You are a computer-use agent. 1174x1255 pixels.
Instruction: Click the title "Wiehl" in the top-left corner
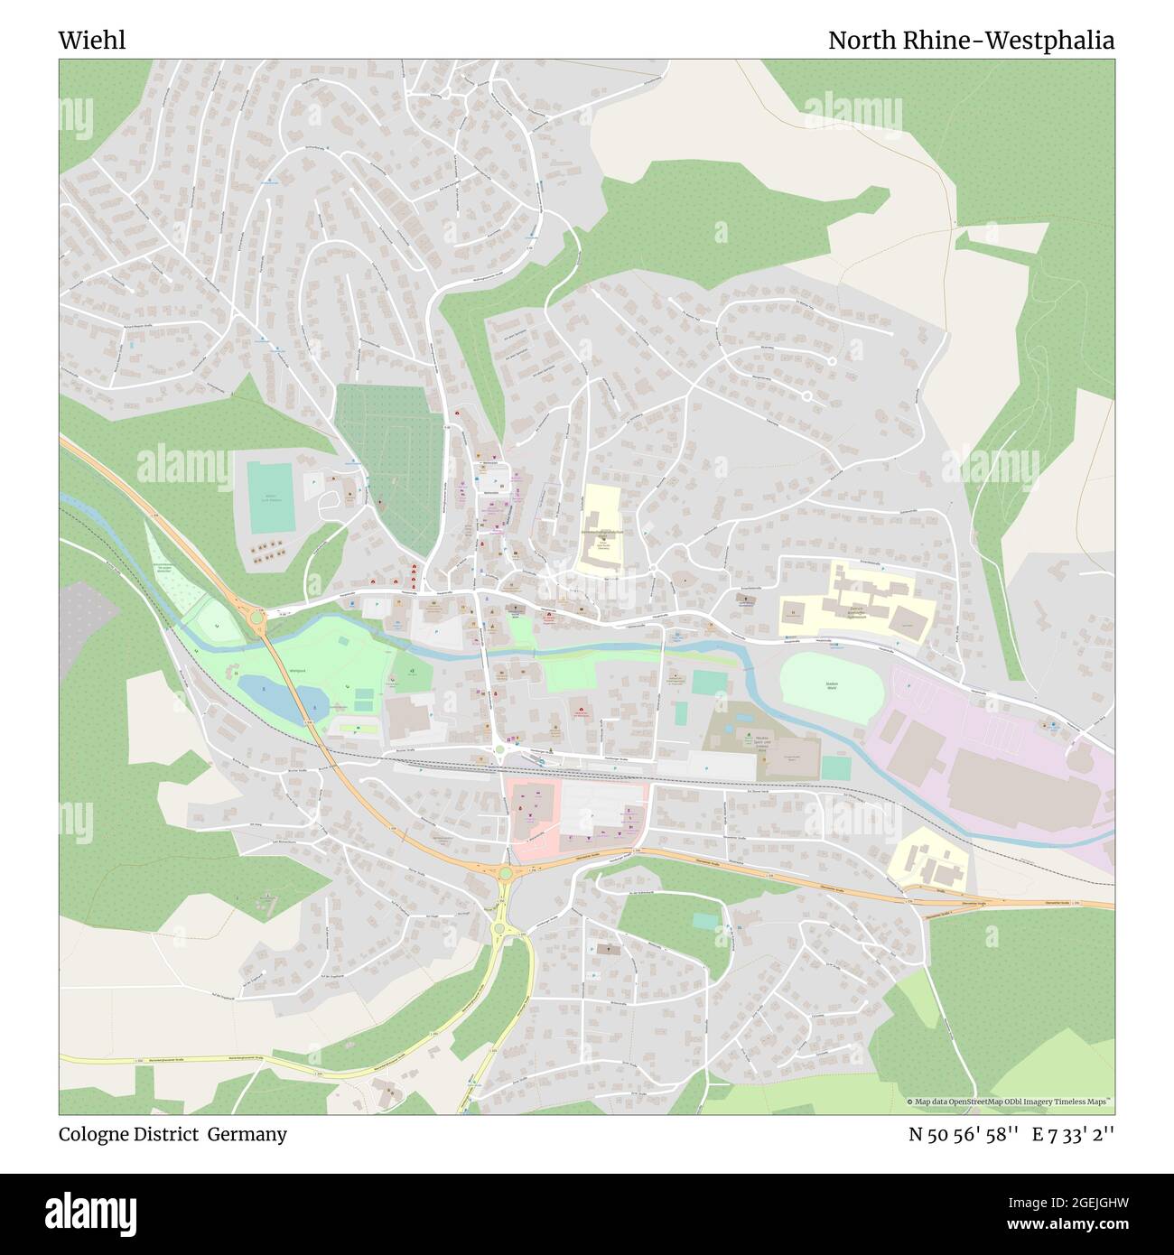click(x=92, y=40)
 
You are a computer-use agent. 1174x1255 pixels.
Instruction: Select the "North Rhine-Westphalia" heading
click(x=971, y=41)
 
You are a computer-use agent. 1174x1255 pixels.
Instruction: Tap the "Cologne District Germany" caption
click(x=173, y=1134)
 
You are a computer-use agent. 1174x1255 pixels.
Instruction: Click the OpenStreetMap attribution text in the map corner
click(x=1010, y=1102)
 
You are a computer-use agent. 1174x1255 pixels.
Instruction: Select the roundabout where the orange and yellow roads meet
click(x=505, y=873)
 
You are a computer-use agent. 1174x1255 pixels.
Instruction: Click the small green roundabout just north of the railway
click(x=499, y=748)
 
